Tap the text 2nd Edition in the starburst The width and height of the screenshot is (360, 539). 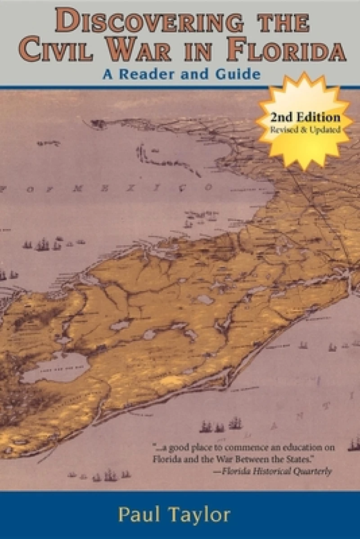point(305,118)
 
